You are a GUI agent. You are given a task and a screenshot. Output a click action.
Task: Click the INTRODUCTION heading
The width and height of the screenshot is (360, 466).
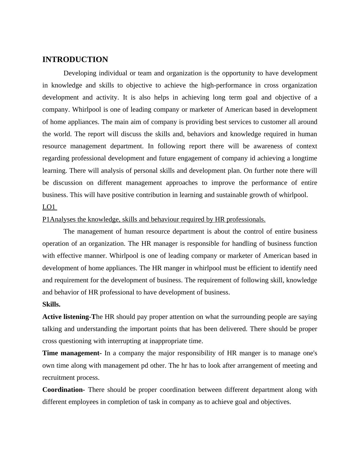[75, 60]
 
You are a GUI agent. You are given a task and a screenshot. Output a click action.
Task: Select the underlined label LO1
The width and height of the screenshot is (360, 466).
[49, 207]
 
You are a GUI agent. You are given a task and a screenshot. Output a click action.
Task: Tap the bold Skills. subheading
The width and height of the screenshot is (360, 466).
[51, 304]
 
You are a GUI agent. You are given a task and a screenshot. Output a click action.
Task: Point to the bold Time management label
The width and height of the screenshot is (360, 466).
[71, 353]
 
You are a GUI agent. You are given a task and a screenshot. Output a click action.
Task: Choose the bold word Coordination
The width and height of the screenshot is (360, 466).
[62, 390]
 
